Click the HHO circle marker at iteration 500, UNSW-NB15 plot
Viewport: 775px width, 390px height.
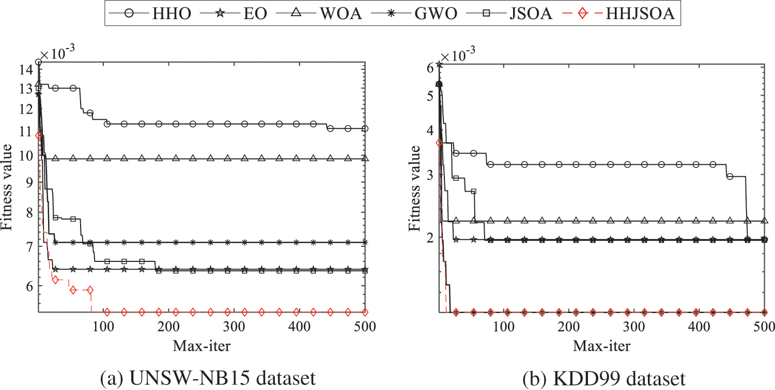(x=365, y=128)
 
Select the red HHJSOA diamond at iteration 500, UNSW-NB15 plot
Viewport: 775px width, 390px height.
(x=365, y=312)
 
